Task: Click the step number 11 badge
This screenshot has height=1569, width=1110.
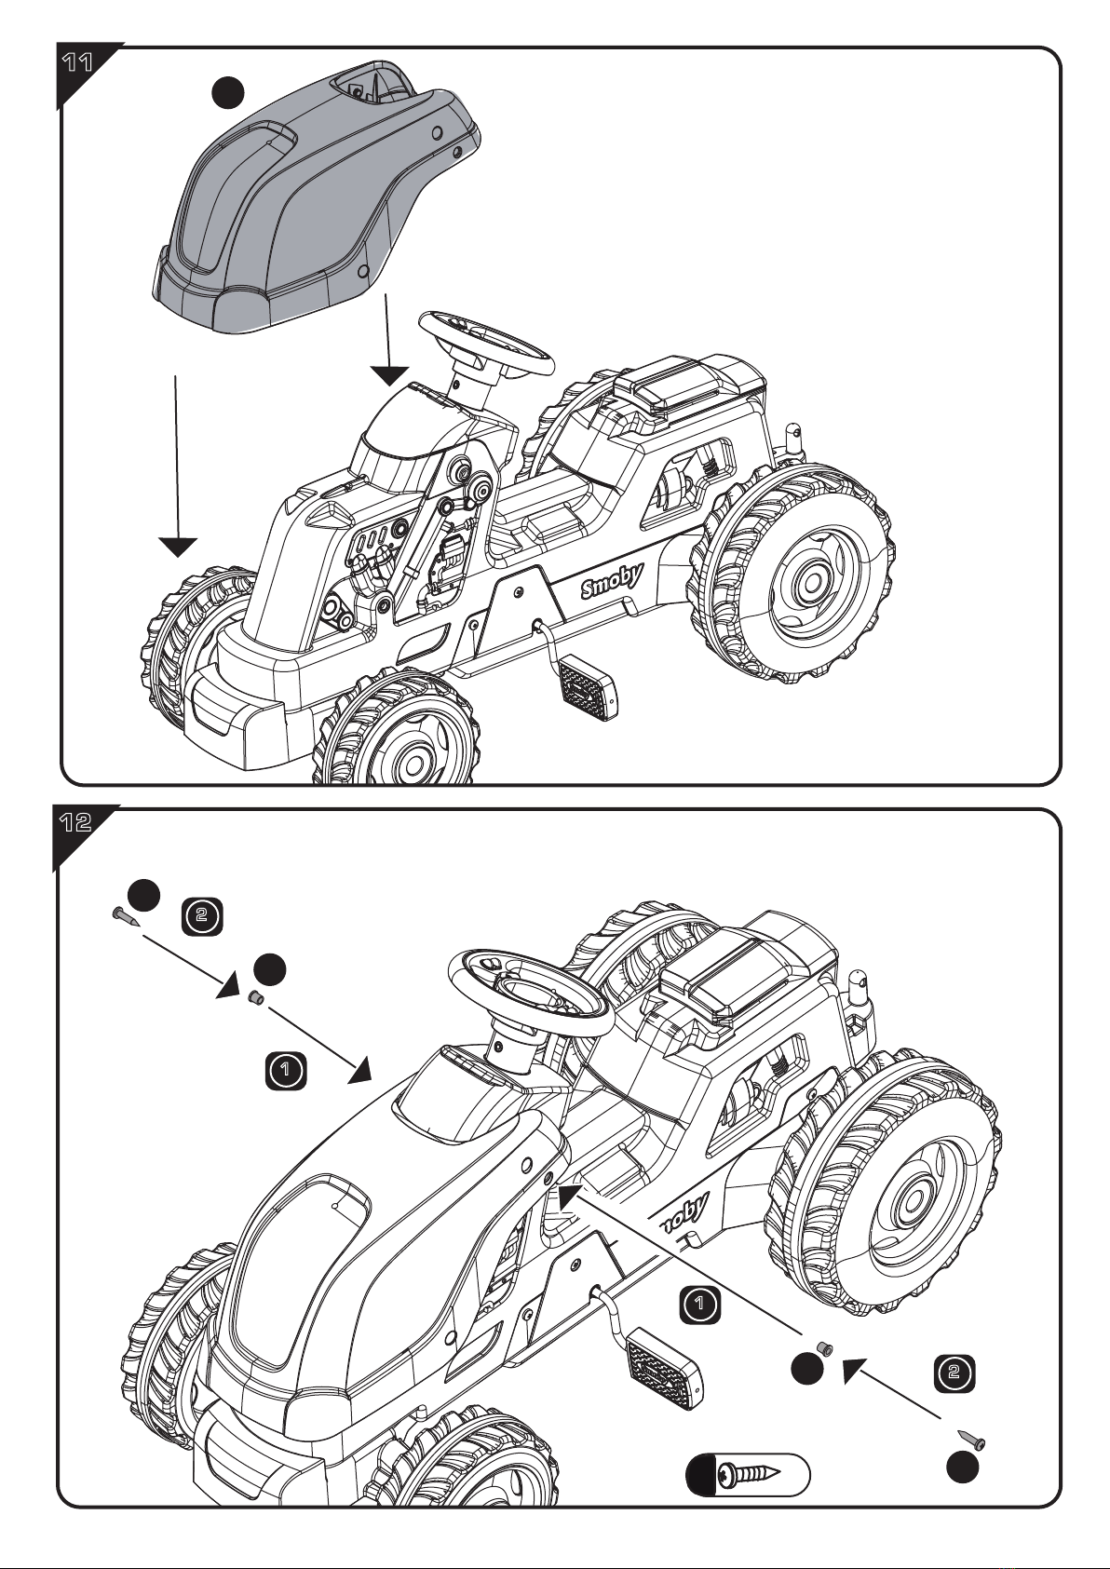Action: tap(77, 63)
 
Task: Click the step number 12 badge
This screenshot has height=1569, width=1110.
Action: tap(75, 822)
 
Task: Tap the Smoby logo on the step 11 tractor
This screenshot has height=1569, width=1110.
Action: tap(611, 581)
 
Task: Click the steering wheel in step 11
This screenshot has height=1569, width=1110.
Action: tap(486, 344)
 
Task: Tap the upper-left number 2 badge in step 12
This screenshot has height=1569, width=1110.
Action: tap(202, 916)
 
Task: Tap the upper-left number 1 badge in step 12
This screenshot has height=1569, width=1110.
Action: tap(286, 1070)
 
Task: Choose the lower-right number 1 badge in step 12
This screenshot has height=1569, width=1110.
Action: tap(699, 1304)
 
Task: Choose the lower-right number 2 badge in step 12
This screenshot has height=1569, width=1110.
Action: tap(954, 1373)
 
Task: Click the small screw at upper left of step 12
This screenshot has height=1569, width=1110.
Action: tap(125, 916)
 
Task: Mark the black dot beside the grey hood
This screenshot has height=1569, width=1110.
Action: tap(228, 92)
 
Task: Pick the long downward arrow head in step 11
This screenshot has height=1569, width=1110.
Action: tap(178, 547)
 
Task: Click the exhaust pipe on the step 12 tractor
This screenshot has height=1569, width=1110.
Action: tap(860, 991)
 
